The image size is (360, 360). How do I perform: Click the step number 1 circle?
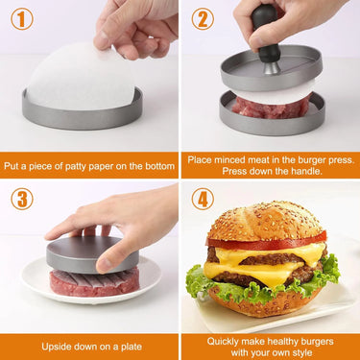point(21,19)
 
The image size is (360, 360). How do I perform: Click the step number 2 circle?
point(203,19)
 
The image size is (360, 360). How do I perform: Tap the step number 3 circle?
point(21,199)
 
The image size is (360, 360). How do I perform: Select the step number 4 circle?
point(203,199)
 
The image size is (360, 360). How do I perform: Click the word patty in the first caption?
point(101,164)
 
